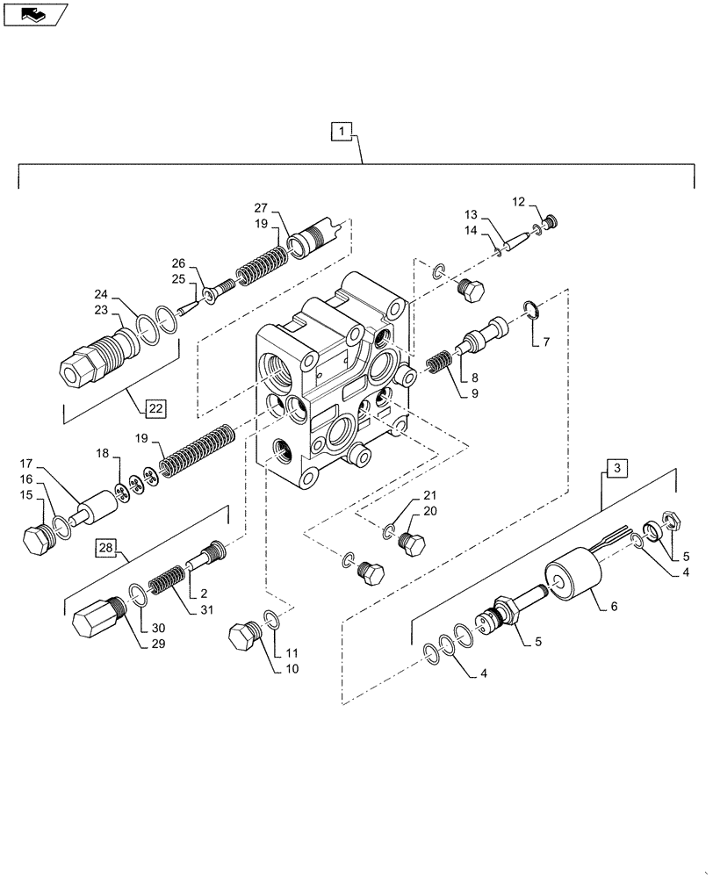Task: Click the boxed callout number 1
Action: pyautogui.click(x=342, y=132)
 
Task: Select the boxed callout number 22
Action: pyautogui.click(x=155, y=407)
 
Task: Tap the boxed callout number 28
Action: pyautogui.click(x=106, y=550)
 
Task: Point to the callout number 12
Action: pyautogui.click(x=519, y=203)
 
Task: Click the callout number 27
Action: pyautogui.click(x=260, y=208)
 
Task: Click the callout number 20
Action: pyautogui.click(x=429, y=510)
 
